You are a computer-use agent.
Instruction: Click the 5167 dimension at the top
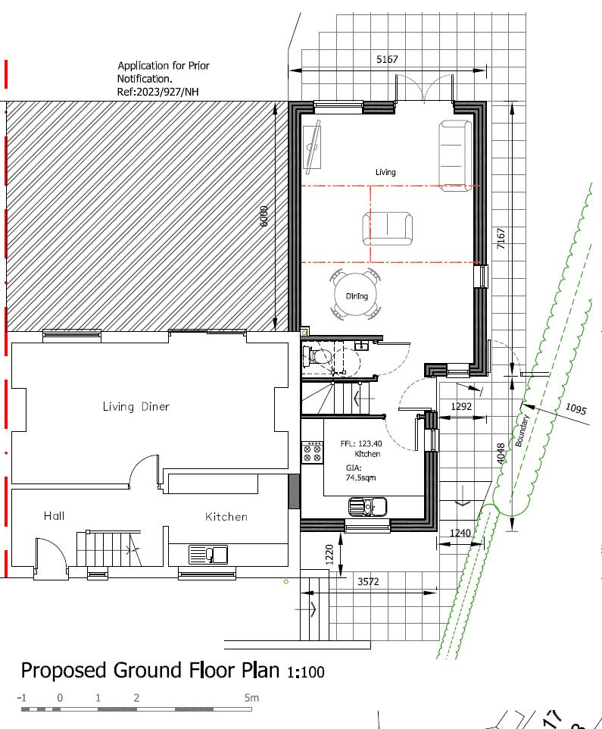point(386,59)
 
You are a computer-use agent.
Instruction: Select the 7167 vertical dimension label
point(501,239)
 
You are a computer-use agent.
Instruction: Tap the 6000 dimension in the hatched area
point(264,216)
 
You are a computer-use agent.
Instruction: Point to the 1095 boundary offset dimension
point(575,410)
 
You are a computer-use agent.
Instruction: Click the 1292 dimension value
point(461,407)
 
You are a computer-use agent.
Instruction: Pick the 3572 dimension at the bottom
point(368,581)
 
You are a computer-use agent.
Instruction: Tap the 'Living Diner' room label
point(136,407)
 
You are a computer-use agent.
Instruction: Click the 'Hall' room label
point(54,516)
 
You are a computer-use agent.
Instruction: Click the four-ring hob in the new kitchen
point(311,452)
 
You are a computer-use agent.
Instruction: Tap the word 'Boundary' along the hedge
point(523,431)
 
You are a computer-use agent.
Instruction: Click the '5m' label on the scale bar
point(251,697)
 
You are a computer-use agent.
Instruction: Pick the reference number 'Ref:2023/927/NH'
point(162,92)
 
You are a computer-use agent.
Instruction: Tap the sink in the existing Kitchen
point(207,555)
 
